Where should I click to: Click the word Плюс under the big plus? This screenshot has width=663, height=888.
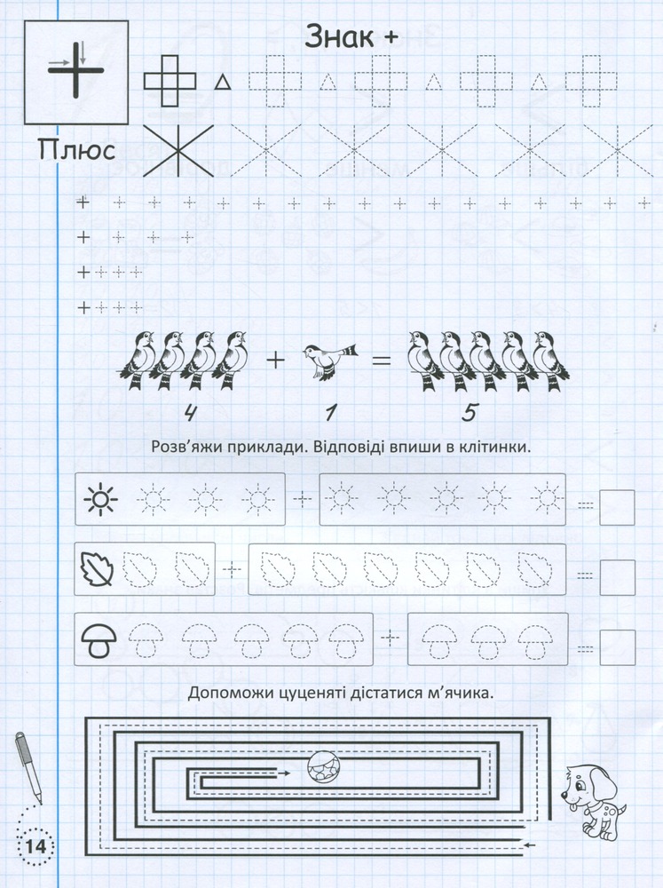(77, 151)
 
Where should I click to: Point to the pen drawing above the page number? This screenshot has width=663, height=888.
(28, 767)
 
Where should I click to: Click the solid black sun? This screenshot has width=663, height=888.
(101, 499)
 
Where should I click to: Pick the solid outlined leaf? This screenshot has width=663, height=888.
(98, 569)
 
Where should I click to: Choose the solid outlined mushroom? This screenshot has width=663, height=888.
(99, 640)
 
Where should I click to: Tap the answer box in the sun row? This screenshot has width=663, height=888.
(617, 508)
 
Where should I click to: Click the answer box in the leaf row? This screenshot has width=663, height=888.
(617, 578)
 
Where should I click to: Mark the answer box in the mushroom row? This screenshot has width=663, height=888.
(617, 647)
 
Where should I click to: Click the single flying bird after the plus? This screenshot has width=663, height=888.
(330, 361)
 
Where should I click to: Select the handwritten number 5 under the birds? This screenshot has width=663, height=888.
(469, 414)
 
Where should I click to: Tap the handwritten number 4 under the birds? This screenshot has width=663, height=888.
(190, 414)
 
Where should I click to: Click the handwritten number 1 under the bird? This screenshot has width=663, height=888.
(329, 414)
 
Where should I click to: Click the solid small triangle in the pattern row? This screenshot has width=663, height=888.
(223, 83)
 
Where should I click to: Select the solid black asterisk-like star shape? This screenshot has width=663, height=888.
(178, 151)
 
